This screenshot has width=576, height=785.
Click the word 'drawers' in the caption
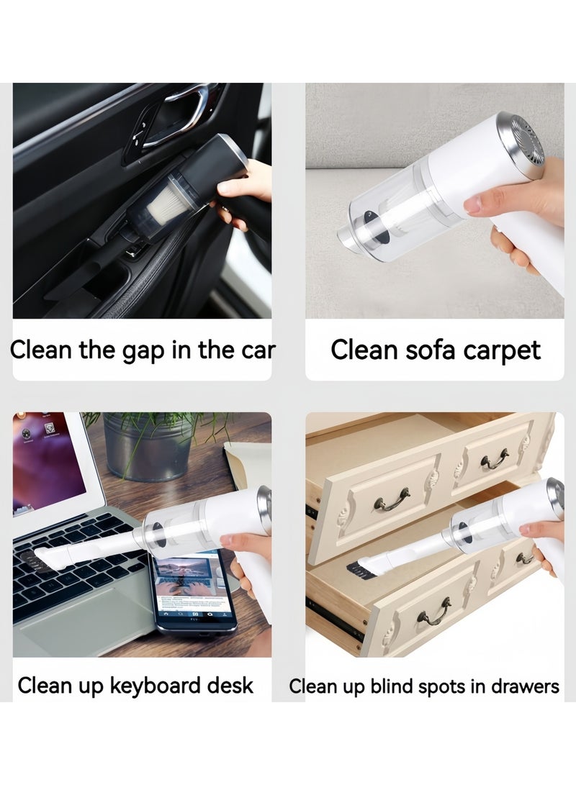525,687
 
